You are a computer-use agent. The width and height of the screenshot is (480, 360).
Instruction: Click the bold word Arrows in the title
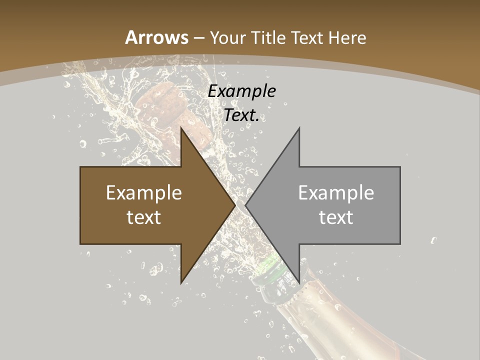[x=156, y=37]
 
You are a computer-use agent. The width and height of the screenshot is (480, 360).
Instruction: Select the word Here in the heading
[x=348, y=37]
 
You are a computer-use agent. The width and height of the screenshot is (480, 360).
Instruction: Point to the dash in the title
[x=198, y=38]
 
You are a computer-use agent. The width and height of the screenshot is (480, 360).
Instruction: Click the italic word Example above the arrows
[x=242, y=91]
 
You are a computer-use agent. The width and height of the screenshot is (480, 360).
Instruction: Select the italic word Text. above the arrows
[x=242, y=115]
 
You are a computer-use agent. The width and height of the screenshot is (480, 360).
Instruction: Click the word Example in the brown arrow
[x=144, y=192]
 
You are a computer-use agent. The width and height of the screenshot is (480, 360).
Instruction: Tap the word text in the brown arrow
[x=144, y=217]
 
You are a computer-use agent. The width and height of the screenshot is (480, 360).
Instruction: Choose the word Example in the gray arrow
[x=336, y=192]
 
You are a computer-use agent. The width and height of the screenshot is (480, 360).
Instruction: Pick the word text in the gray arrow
[x=336, y=217]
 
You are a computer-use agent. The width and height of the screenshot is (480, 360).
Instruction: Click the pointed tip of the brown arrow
[x=235, y=205]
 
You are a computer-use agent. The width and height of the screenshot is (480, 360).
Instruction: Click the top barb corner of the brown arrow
[x=181, y=128]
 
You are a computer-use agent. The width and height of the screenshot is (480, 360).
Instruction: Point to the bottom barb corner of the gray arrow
[x=299, y=283]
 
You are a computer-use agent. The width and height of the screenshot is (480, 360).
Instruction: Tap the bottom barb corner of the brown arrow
[x=181, y=283]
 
